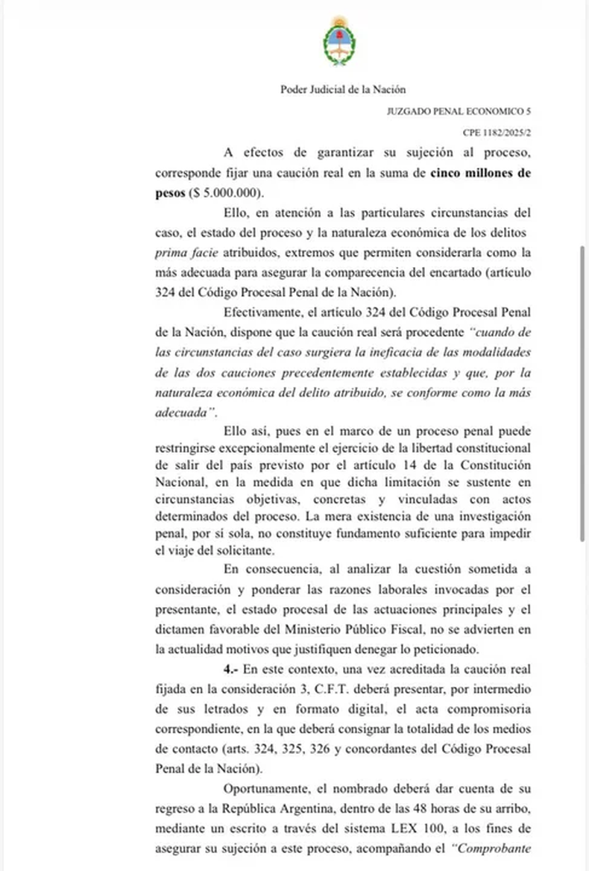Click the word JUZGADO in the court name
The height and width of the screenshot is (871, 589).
click(x=411, y=111)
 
